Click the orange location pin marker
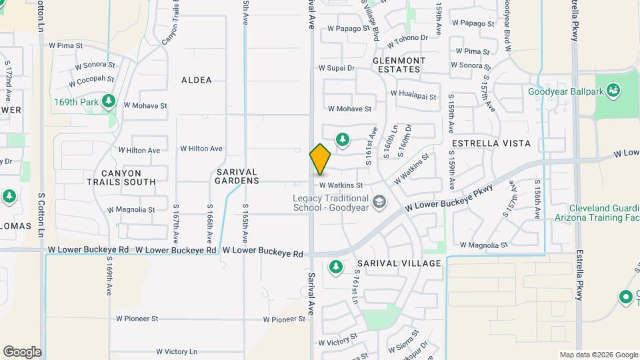pos(321,159)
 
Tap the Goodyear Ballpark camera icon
pos(614,89)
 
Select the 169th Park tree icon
pos(109,102)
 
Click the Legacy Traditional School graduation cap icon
pos(379,201)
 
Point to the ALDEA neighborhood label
pos(197,80)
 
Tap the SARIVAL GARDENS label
pos(237,176)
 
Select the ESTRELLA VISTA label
pos(491,143)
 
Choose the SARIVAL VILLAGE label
pos(399,263)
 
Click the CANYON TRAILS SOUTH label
pos(121,177)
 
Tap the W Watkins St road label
pos(341,185)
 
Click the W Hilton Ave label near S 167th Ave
pos(201,149)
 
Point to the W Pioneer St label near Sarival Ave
pos(284,319)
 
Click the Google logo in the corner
pos(22,352)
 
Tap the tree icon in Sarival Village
pos(336,268)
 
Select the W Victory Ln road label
pos(177,351)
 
